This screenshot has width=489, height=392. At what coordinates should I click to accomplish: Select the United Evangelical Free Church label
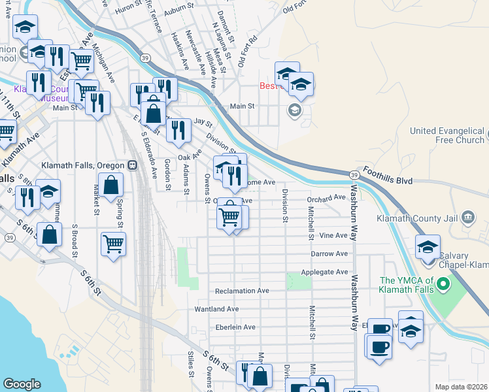[447, 135]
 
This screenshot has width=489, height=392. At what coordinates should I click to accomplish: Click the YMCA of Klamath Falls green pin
[443, 284]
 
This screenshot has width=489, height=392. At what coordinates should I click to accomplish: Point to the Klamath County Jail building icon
[467, 217]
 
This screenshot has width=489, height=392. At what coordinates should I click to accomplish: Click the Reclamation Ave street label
[241, 291]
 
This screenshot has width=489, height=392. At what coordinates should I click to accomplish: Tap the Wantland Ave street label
[216, 308]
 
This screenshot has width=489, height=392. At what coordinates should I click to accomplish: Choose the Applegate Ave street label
[324, 271]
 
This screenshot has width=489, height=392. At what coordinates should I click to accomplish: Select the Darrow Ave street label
[329, 253]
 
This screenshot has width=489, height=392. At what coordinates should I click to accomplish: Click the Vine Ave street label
[334, 235]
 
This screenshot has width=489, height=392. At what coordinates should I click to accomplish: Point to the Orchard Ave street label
[327, 197]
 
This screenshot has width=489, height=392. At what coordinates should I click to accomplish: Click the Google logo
[22, 384]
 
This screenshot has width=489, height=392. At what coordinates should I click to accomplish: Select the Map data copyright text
[461, 387]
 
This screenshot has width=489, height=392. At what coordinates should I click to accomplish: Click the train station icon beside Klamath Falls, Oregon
[132, 165]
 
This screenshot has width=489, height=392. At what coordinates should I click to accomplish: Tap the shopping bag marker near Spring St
[112, 186]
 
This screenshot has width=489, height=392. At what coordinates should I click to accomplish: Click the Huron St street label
[127, 8]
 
